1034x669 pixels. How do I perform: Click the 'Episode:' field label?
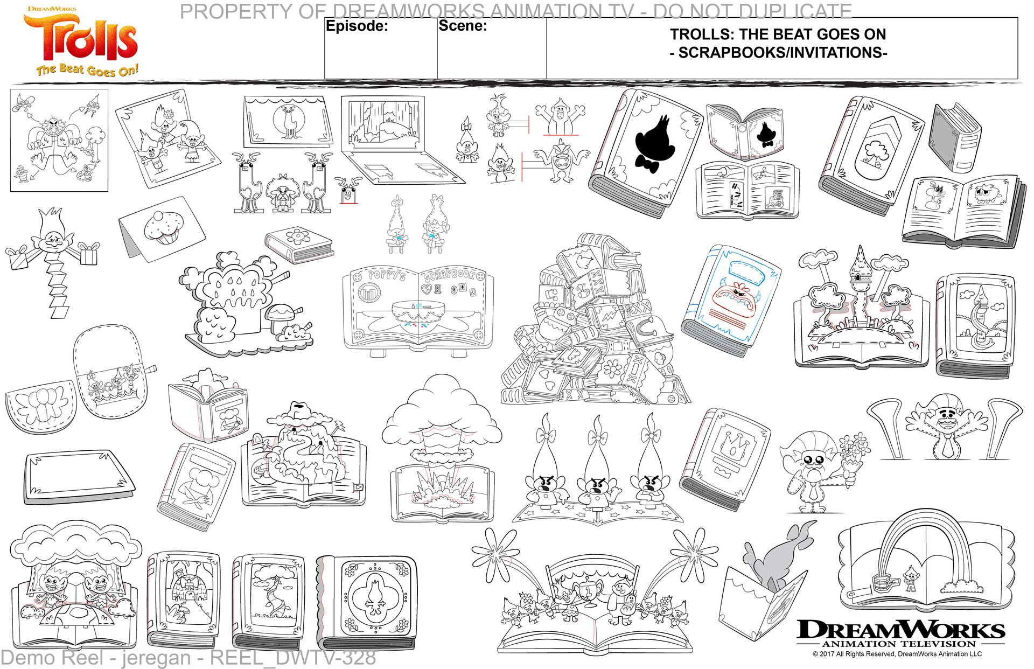[357, 26]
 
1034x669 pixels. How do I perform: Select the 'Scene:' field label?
[463, 25]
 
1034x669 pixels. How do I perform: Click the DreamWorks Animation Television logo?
[900, 633]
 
